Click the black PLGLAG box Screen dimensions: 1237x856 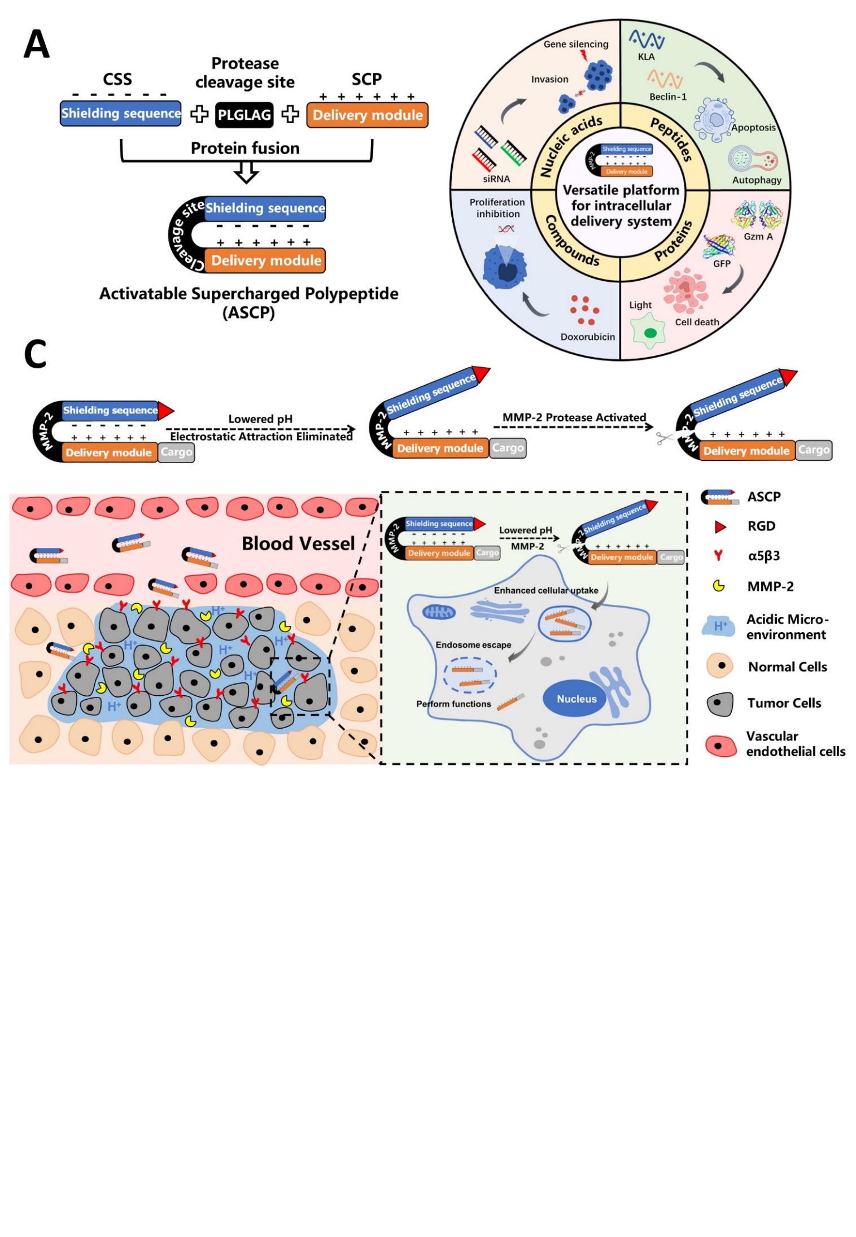(244, 115)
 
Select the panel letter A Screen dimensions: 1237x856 (37, 44)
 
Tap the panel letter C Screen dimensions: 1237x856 (35, 354)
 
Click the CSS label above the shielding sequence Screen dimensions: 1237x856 (117, 79)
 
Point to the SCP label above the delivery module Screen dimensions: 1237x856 (366, 79)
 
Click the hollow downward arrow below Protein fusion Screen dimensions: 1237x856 (246, 173)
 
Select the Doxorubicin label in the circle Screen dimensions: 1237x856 (587, 337)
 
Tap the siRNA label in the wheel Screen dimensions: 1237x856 (496, 179)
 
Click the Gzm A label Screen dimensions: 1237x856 (758, 237)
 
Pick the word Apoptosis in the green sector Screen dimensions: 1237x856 (753, 128)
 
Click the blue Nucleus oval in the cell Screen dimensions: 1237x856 (577, 699)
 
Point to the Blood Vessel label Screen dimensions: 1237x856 (298, 543)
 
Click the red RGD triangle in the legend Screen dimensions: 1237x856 (720, 527)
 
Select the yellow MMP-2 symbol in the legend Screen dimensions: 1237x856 (719, 586)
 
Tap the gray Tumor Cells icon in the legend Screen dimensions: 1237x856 (720, 704)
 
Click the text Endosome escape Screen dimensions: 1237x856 (473, 645)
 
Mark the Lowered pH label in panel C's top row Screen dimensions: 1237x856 (260, 419)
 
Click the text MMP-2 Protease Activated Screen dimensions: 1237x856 (574, 417)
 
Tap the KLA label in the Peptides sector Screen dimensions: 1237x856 (646, 57)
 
